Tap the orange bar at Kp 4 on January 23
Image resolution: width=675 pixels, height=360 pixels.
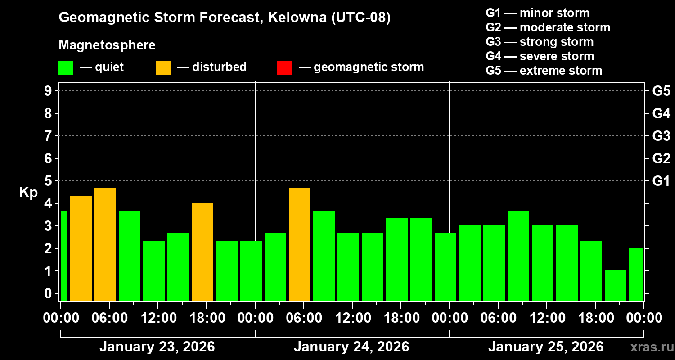click(x=202, y=252)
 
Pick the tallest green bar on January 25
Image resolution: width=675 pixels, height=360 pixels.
click(x=518, y=255)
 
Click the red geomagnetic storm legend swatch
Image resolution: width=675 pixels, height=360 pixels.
click(x=284, y=68)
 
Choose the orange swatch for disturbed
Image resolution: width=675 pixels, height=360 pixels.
click(x=163, y=68)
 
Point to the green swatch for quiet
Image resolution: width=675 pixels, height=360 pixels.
click(x=66, y=68)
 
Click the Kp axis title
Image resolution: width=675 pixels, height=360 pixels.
click(x=28, y=193)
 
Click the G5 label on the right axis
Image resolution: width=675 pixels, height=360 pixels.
click(x=661, y=91)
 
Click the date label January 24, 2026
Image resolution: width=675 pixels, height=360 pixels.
click(x=351, y=347)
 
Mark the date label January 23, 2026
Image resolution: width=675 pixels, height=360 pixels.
click(x=157, y=347)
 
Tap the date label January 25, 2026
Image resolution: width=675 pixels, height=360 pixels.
click(x=546, y=347)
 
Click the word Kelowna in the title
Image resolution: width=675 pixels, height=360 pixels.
click(x=297, y=18)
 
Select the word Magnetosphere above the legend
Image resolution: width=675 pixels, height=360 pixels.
click(x=107, y=45)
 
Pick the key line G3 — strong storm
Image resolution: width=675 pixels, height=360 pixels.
click(x=540, y=42)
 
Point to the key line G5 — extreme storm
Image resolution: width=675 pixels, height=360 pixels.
click(x=544, y=71)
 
